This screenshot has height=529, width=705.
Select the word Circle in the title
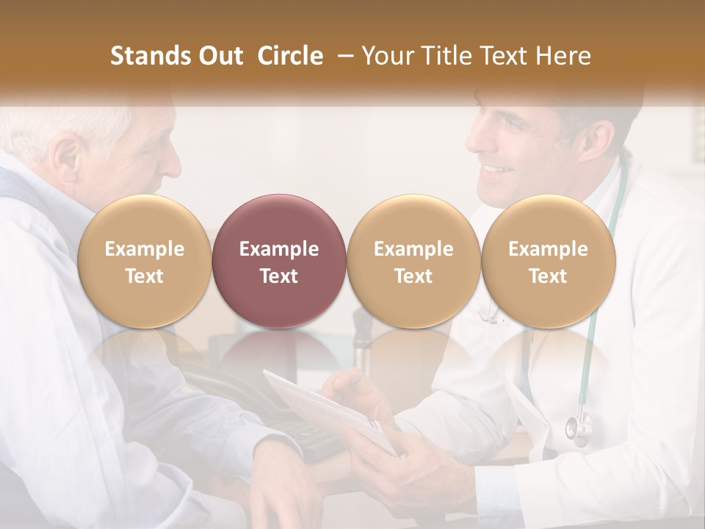290,56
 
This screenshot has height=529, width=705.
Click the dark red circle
279,261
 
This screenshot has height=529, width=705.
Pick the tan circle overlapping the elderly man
144,261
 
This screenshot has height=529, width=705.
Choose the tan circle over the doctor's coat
548,261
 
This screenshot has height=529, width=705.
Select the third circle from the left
413,261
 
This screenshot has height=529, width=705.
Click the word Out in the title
219,56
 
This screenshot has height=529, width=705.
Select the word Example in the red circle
279,249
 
